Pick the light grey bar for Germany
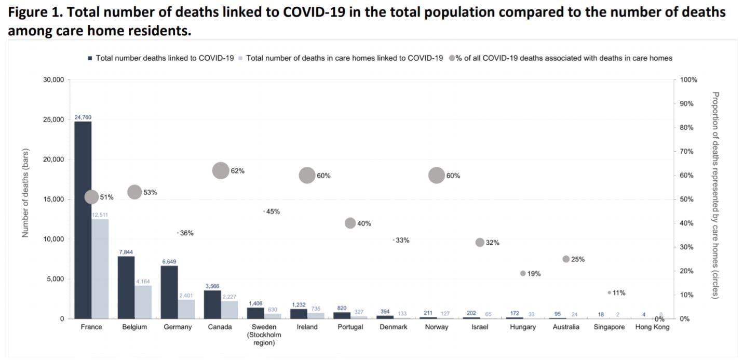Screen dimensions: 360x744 (x=186, y=309)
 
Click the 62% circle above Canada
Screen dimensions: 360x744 (x=221, y=170)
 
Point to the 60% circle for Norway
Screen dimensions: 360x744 (x=437, y=176)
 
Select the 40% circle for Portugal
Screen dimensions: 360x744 (x=350, y=223)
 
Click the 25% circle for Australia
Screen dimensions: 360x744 (x=566, y=259)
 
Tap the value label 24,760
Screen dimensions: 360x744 (x=83, y=117)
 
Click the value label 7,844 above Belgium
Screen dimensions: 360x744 (x=126, y=252)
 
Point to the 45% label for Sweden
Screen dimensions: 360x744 (x=273, y=211)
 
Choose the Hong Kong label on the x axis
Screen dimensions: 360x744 (x=652, y=327)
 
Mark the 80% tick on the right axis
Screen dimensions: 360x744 (x=687, y=128)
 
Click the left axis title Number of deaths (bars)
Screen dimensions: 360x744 (x=24, y=193)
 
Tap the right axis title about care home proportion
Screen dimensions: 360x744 (x=715, y=195)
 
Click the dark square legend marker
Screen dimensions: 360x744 (x=90, y=59)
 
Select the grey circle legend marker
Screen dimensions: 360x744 (x=452, y=58)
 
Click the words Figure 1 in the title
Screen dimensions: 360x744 (x=30, y=12)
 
